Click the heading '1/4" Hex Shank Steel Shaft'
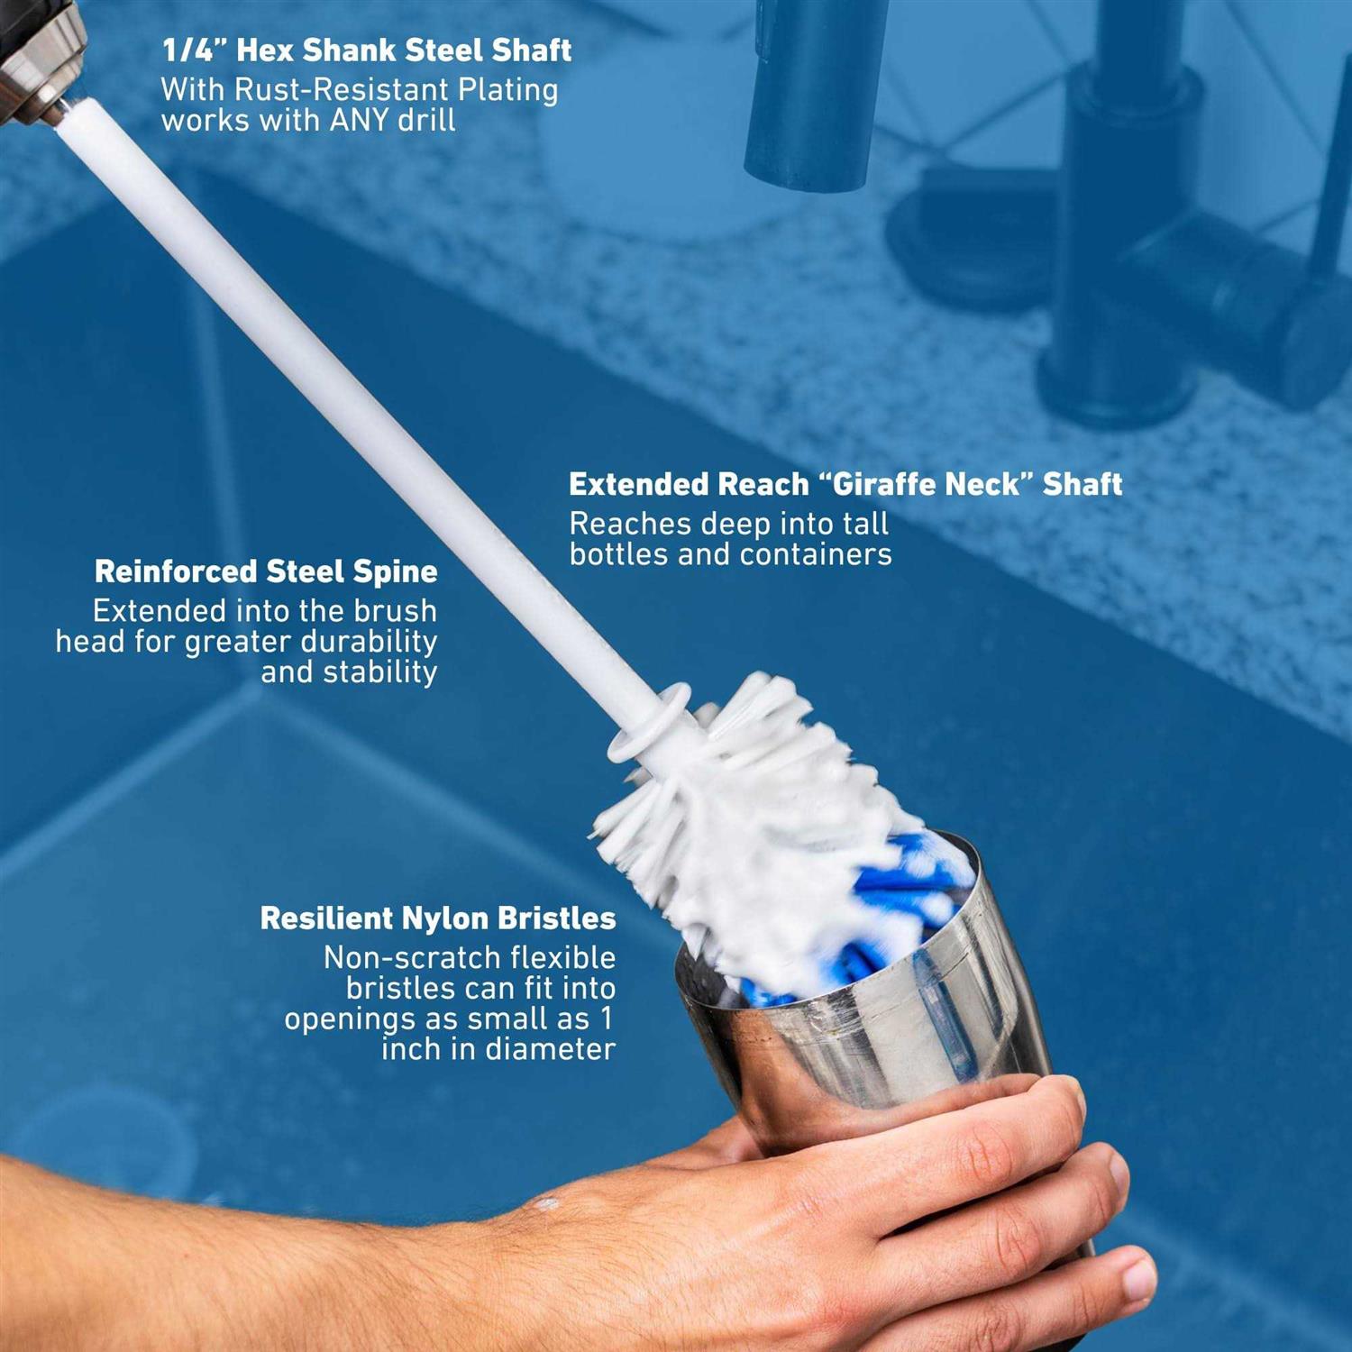[366, 50]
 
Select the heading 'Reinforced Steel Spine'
[266, 571]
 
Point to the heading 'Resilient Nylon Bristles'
[438, 918]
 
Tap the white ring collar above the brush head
[649, 721]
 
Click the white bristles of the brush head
[766, 811]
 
